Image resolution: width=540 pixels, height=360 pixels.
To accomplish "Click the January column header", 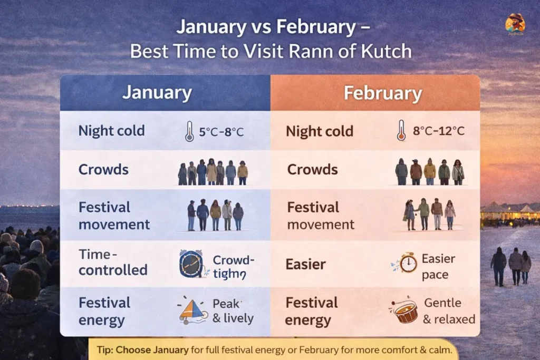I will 157,93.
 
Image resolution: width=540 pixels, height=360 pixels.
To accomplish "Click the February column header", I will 382,93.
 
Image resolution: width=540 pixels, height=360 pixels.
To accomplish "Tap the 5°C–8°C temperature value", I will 221,132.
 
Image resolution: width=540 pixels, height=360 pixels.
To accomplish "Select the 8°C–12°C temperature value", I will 439,131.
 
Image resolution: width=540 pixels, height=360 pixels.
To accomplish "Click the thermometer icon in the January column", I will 189,131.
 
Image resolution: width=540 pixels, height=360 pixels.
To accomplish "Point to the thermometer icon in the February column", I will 401,130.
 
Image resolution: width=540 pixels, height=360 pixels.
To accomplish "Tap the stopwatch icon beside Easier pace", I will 407,263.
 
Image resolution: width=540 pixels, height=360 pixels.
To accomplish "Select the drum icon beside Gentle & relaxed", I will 404,311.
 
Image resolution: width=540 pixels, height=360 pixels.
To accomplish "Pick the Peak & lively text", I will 233,311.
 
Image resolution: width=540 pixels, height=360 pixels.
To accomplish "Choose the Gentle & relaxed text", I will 449,311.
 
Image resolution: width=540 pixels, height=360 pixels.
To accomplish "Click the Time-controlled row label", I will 113,262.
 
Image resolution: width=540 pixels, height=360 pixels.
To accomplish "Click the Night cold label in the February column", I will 320,131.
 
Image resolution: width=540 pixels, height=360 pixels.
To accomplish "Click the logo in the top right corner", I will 515,24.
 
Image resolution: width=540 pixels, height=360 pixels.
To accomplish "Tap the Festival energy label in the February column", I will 312,311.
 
